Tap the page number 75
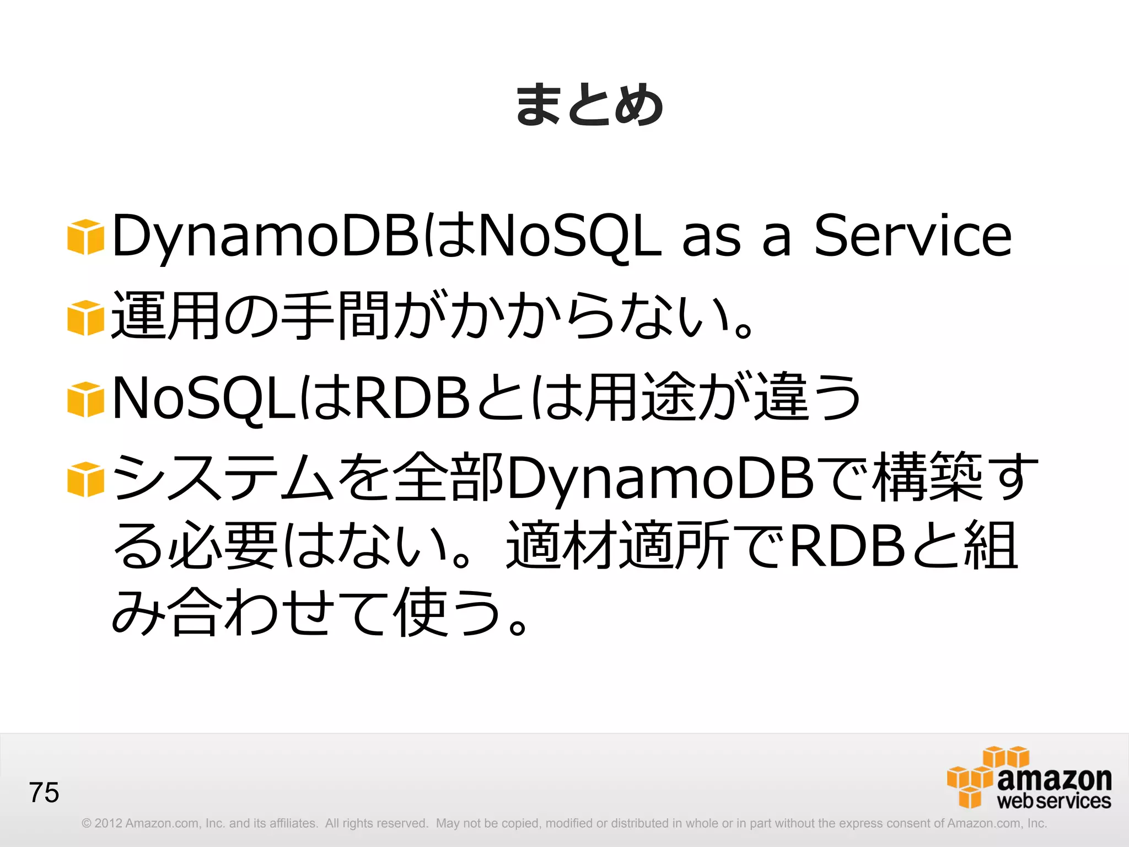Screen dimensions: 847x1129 coord(44,792)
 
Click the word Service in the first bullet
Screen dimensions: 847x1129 coord(912,236)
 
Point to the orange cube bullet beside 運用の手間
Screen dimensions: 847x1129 coord(85,318)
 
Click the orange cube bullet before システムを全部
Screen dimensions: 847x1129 coord(85,479)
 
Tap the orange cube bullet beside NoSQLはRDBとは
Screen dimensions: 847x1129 coord(85,399)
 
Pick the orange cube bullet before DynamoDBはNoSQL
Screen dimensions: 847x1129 coord(85,237)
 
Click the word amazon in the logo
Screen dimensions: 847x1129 coord(1054,778)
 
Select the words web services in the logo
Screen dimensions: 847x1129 coord(1053,801)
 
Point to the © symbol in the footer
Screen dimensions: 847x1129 coord(86,823)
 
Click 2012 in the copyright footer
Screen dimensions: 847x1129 coord(108,823)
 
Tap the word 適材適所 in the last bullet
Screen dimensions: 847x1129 coord(618,546)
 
